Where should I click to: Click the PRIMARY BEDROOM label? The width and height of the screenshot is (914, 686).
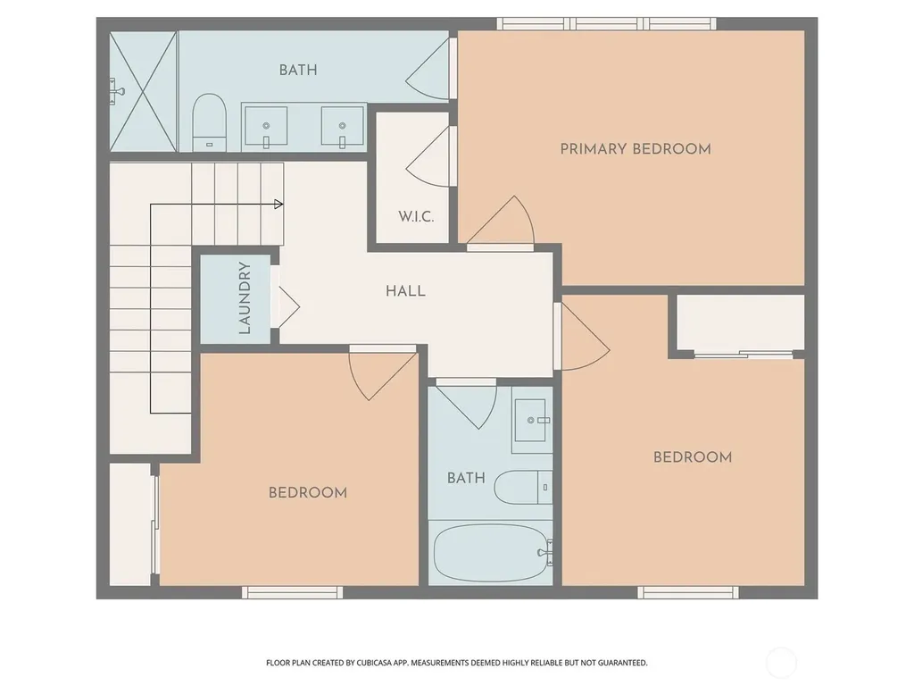click(636, 149)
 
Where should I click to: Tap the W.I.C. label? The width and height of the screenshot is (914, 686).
click(416, 217)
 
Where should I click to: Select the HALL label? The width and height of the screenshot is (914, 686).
click(406, 291)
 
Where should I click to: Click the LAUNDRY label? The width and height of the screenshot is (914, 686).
click(245, 298)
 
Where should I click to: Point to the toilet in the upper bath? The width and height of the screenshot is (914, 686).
click(209, 121)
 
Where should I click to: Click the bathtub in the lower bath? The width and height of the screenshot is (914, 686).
click(493, 552)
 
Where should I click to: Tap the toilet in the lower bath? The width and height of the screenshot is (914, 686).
click(523, 487)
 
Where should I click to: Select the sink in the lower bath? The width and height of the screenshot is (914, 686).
click(531, 421)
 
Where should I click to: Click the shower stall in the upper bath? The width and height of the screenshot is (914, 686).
click(144, 92)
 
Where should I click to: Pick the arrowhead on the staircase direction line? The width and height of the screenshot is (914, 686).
click(278, 205)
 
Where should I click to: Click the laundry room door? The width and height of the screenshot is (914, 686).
click(286, 307)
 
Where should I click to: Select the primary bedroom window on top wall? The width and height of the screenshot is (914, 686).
click(607, 23)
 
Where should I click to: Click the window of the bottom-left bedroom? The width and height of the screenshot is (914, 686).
click(293, 593)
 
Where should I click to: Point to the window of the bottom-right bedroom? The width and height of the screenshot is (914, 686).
click(688, 593)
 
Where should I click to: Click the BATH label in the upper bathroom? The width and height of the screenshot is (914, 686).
click(298, 70)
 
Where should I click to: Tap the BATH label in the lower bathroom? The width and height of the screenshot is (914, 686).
click(466, 479)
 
